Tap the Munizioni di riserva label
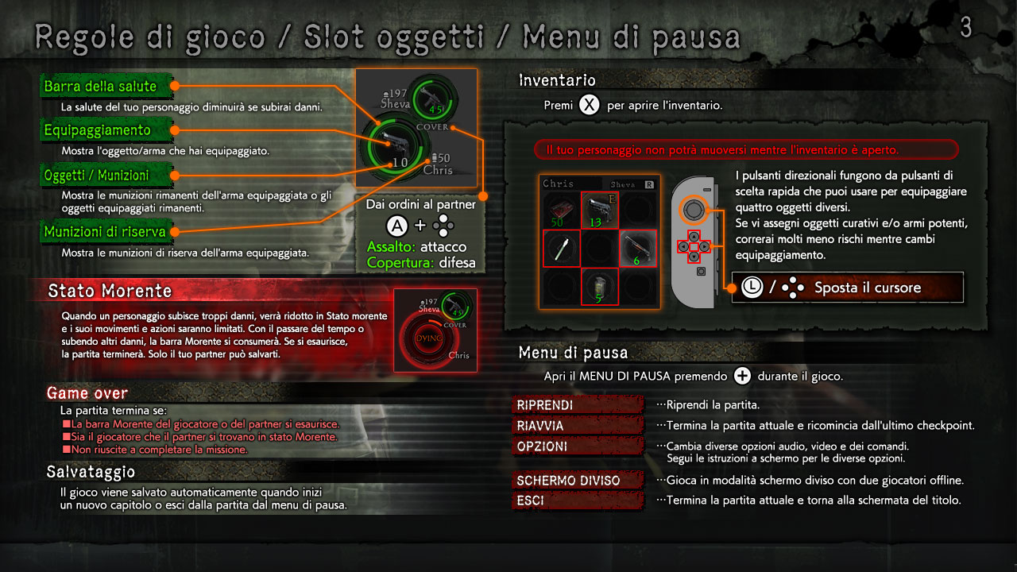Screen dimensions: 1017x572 click(x=106, y=231)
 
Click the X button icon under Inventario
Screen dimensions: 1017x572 click(x=589, y=105)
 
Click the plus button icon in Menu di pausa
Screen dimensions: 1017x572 click(x=742, y=376)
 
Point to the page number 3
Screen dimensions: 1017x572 click(x=966, y=27)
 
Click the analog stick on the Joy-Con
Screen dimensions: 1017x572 click(x=694, y=210)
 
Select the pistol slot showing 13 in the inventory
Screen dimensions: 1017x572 click(x=600, y=210)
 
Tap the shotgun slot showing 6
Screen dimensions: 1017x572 click(x=638, y=248)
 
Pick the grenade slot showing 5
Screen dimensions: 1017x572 click(x=600, y=286)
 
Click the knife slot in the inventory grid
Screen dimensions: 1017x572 click(x=562, y=248)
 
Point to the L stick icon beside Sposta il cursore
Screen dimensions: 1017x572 click(x=752, y=288)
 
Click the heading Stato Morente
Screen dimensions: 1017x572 click(x=110, y=291)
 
